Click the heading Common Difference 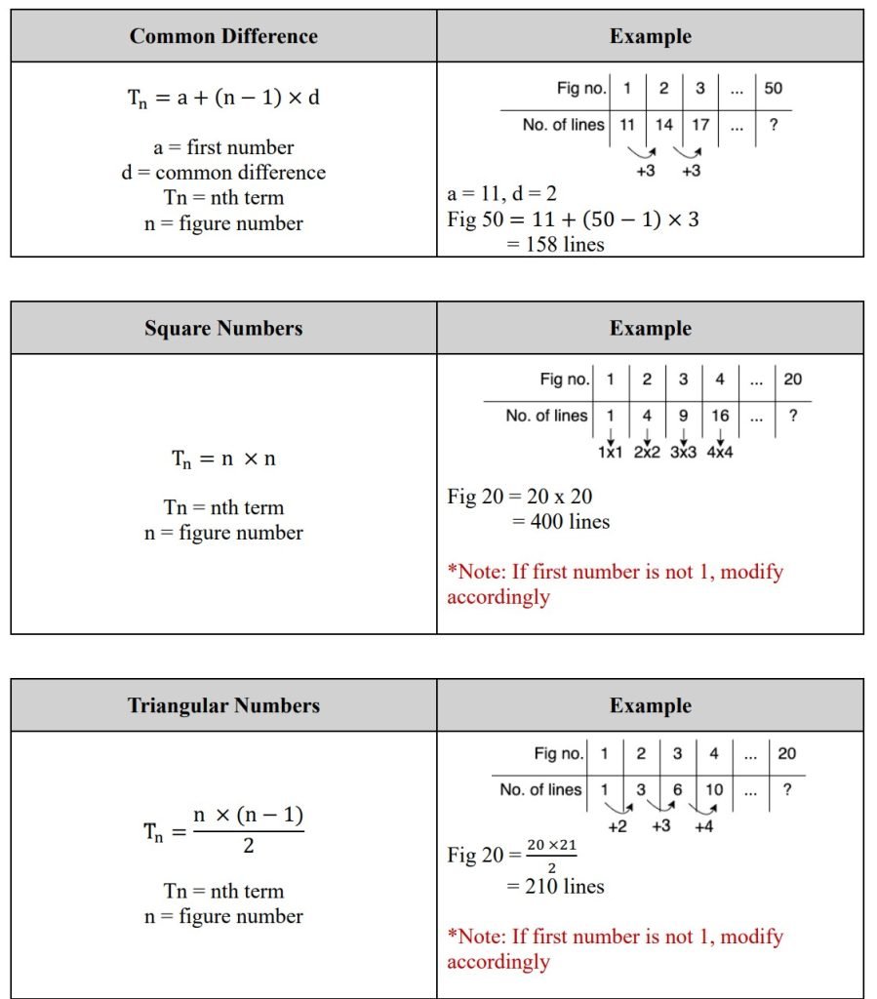223,37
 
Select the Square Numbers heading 223,329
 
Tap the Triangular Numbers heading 223,705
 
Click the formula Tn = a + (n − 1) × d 223,98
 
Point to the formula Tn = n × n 223,459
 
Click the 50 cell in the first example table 773,89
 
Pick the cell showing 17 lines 699,125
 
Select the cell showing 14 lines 663,125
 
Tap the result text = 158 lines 555,244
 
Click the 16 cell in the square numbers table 720,416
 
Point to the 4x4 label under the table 721,454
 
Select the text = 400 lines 561,522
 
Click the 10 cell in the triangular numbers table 714,789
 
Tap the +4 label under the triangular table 705,826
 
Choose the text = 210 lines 555,887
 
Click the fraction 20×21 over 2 551,854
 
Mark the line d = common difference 230,173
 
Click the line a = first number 223,147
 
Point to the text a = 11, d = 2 501,194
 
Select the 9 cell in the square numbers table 683,416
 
